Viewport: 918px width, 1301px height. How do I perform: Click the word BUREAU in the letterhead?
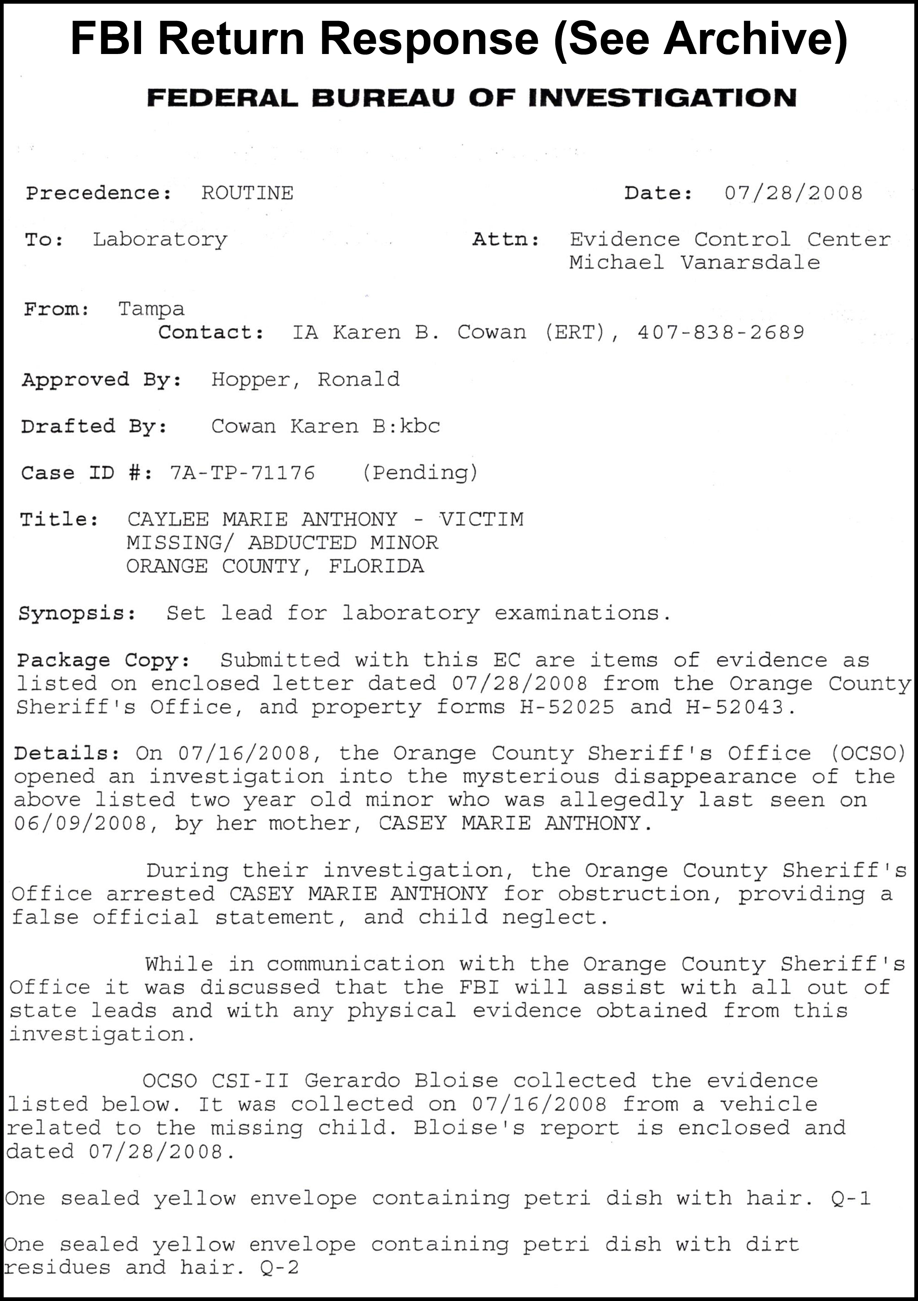[383, 98]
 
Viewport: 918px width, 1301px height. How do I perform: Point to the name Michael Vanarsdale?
[694, 262]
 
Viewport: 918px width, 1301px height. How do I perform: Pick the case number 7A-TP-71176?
[242, 473]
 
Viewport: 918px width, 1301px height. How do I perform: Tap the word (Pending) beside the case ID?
[420, 473]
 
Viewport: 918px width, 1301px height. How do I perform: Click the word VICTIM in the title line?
[482, 519]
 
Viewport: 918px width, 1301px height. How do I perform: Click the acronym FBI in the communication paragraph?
[479, 987]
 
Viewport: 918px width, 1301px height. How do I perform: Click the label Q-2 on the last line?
[279, 1267]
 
